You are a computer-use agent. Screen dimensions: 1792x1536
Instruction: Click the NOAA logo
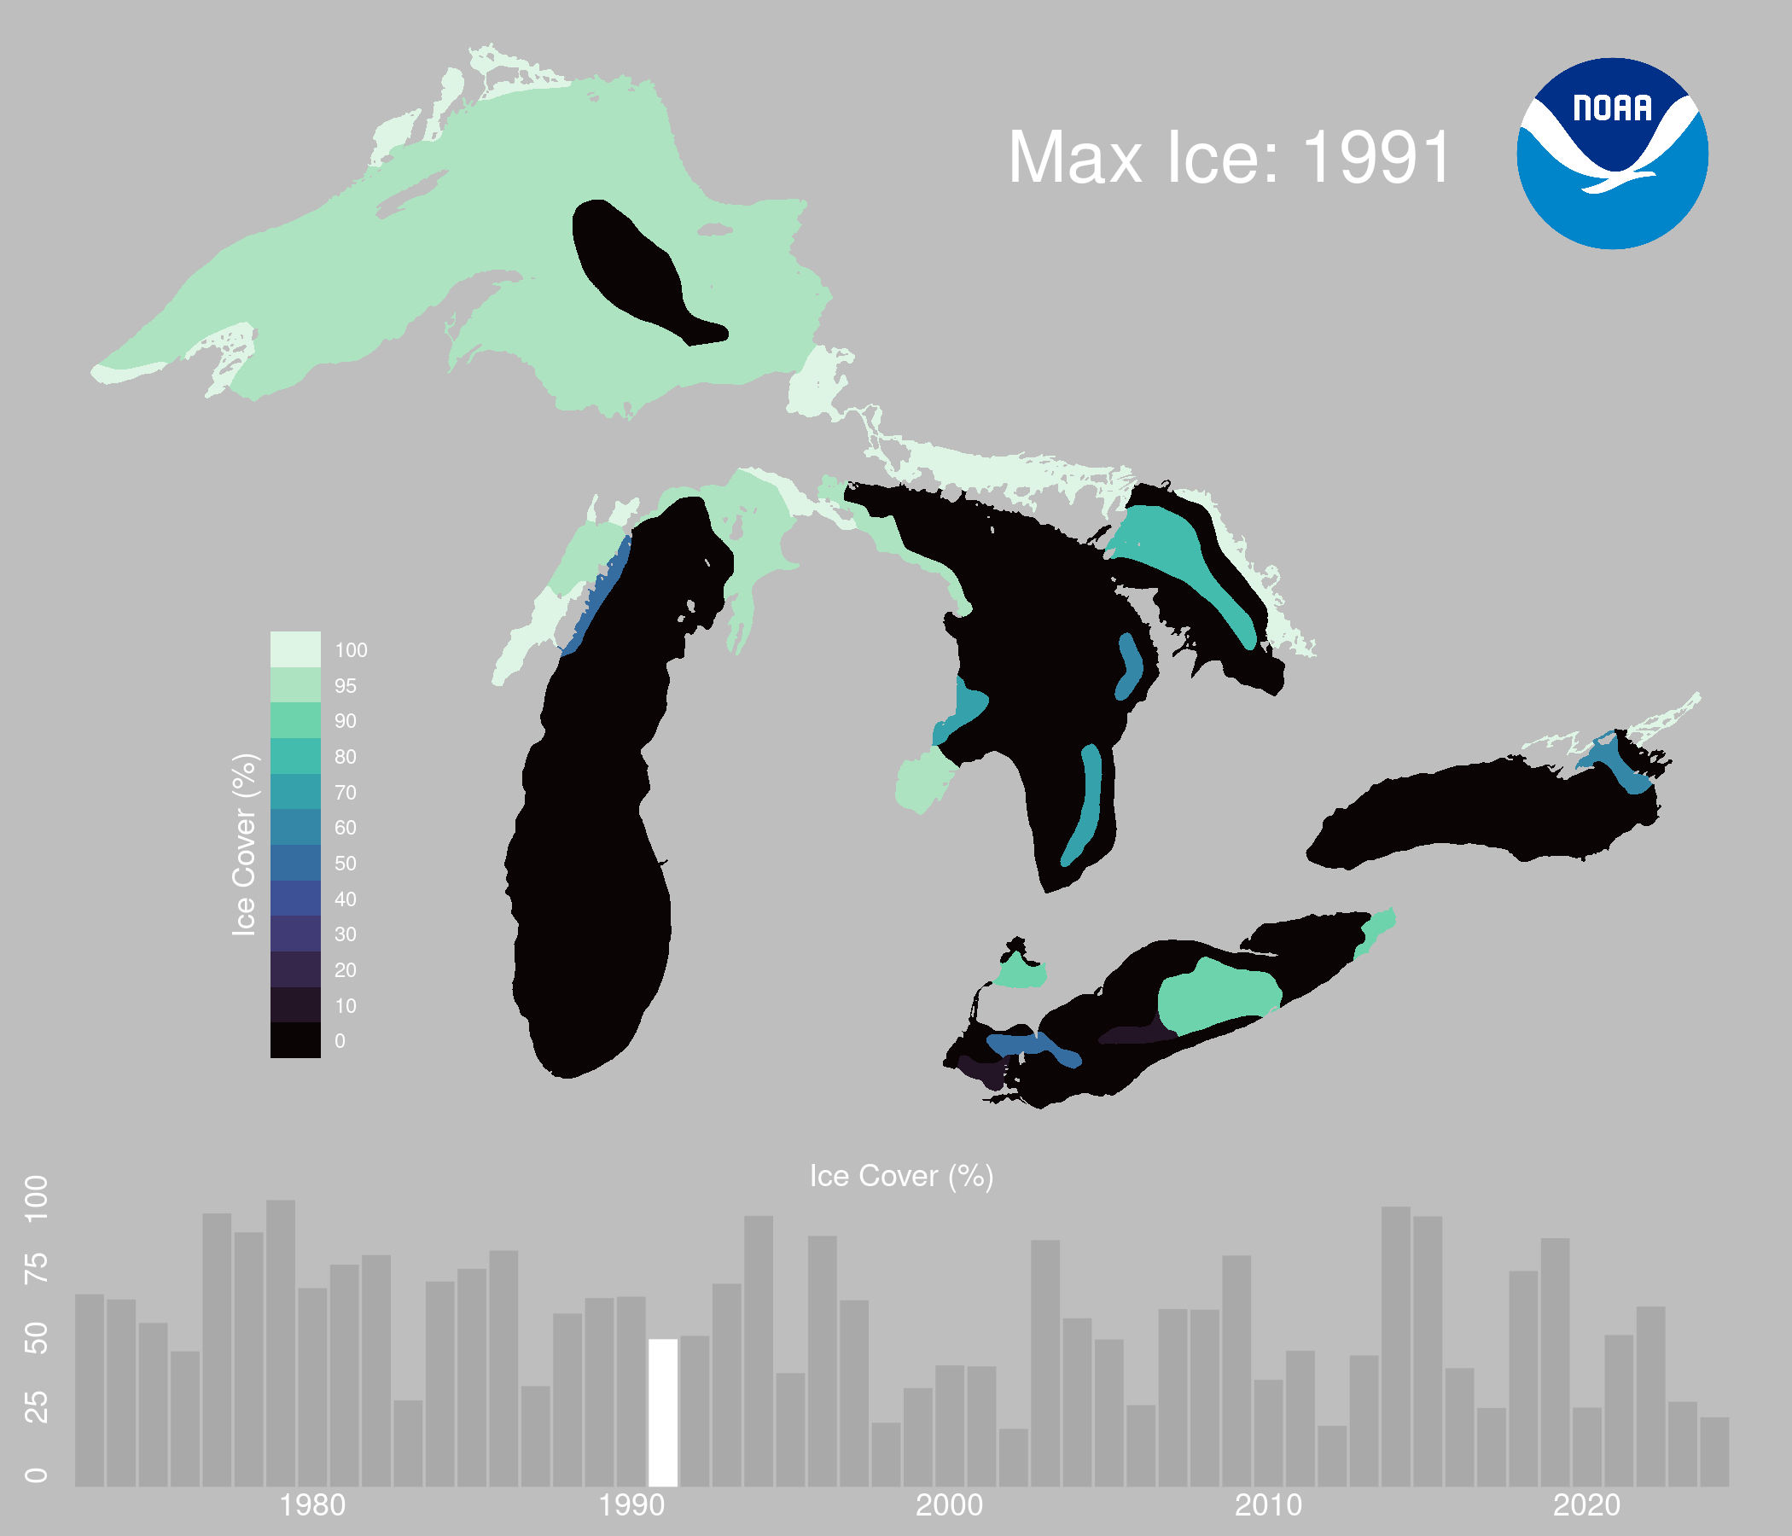click(x=1612, y=153)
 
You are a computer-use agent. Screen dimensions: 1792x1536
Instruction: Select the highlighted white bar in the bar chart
click(x=662, y=1412)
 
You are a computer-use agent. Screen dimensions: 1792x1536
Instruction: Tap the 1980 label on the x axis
click(x=312, y=1506)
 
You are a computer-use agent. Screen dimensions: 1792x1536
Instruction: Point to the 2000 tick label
click(x=949, y=1506)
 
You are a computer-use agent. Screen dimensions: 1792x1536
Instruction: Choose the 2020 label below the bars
click(x=1586, y=1506)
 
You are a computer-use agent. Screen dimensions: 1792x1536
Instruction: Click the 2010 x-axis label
click(x=1268, y=1506)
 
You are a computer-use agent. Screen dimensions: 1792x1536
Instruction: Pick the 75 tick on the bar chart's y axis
click(x=37, y=1268)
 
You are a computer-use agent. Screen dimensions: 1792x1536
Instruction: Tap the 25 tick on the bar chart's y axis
click(x=37, y=1408)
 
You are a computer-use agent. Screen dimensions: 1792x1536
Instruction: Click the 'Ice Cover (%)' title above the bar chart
click(x=901, y=1176)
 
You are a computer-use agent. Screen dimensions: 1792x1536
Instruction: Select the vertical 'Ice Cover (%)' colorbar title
click(x=245, y=844)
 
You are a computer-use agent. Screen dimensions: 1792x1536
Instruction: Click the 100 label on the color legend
click(x=350, y=650)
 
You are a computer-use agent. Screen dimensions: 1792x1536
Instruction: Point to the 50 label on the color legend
click(x=345, y=863)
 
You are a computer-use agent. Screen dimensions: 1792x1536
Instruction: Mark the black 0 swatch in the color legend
click(x=295, y=1039)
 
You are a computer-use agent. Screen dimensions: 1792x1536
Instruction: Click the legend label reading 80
click(x=345, y=757)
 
